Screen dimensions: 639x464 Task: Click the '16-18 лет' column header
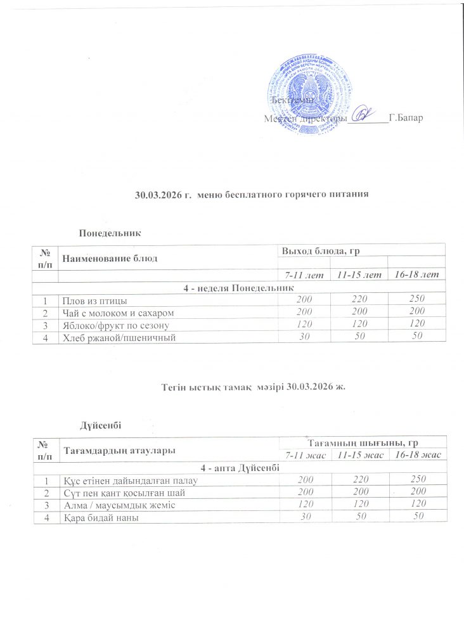pos(416,274)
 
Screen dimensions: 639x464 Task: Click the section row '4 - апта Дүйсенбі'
pos(240,468)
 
